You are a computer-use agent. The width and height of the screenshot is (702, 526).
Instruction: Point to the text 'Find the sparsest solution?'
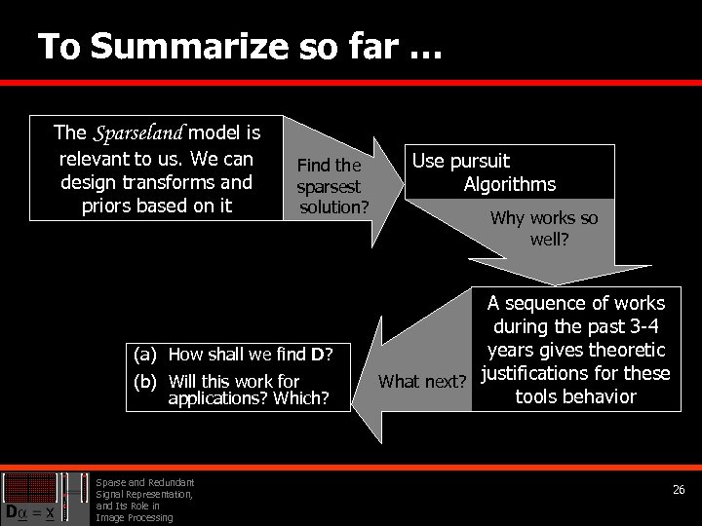point(330,186)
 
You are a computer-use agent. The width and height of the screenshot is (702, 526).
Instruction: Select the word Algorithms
point(509,184)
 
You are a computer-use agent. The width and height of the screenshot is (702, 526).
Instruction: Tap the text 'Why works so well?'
point(543,228)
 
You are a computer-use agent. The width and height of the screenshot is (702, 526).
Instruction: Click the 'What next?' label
point(421,381)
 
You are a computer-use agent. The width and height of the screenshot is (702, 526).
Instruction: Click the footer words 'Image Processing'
point(134,517)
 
